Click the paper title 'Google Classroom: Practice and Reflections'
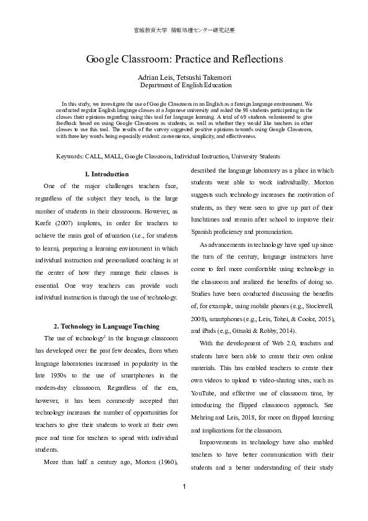point(184,59)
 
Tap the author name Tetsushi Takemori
point(206,76)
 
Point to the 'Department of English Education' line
point(186,85)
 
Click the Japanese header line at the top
point(184,30)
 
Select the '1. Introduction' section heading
point(106,174)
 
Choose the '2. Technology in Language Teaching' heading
point(106,326)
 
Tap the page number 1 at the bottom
point(184,487)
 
